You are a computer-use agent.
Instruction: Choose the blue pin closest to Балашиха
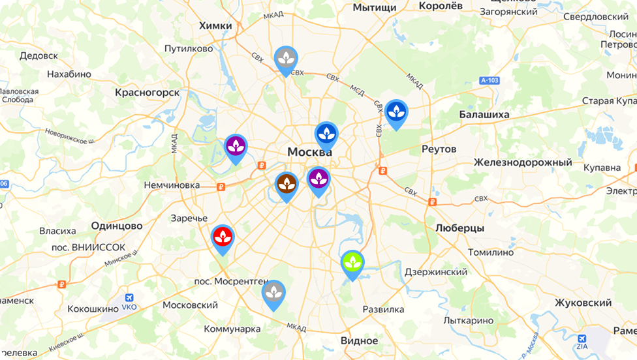coord(396,113)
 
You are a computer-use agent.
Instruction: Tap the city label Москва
coord(310,152)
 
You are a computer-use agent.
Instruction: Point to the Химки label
coord(215,25)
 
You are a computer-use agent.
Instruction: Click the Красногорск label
coord(147,93)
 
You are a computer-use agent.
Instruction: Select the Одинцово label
coord(117,226)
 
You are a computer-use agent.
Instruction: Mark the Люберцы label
coord(459,228)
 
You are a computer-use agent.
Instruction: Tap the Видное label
coord(359,340)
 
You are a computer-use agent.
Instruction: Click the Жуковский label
coord(583,303)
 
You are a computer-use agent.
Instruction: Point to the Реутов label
coord(439,149)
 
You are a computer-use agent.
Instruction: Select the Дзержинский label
coord(436,272)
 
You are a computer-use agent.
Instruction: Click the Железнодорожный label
coord(523,162)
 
